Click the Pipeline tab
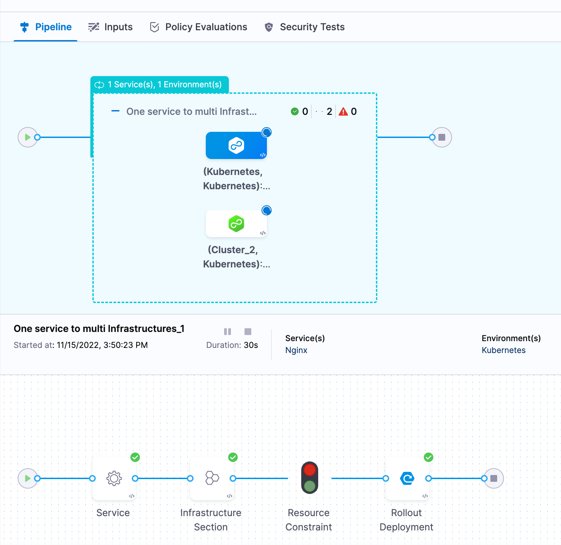point(46,27)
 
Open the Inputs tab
point(110,27)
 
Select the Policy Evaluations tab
point(199,27)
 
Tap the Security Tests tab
point(305,27)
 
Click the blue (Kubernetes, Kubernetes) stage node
point(236,146)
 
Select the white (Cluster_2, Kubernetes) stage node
point(236,224)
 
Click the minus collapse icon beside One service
point(115,111)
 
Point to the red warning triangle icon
point(343,111)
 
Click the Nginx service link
point(296,350)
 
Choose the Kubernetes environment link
point(503,350)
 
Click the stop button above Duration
point(248,332)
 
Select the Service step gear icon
point(114,478)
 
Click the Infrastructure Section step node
point(212,478)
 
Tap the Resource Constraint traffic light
point(310,477)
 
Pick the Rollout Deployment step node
point(407,478)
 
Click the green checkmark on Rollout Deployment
point(429,457)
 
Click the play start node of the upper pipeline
point(28,137)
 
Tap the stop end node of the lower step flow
point(494,478)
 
